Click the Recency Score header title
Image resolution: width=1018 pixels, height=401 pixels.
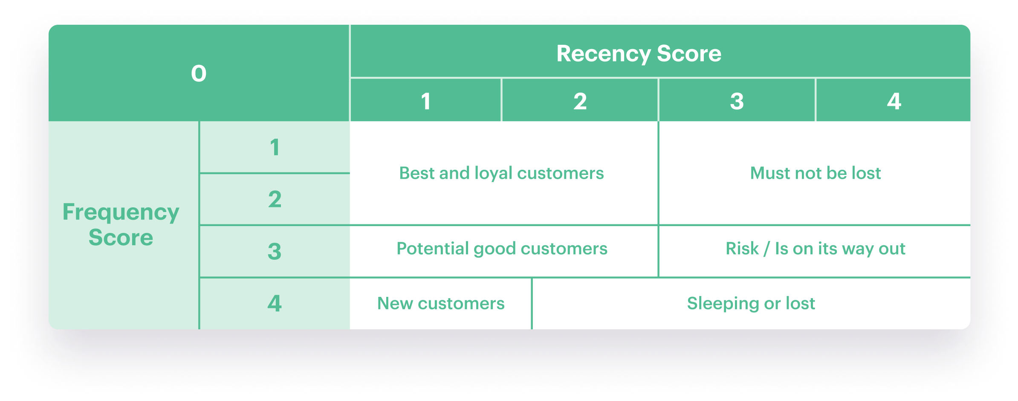[x=639, y=54]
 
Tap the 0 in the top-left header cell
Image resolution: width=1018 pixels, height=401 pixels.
[x=199, y=73]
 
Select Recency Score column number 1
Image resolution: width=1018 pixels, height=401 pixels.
[x=425, y=102]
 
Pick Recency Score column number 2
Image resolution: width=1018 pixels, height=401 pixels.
[x=580, y=102]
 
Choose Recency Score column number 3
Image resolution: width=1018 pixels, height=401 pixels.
[x=737, y=102]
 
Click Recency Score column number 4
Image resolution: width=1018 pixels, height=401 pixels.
[x=894, y=102]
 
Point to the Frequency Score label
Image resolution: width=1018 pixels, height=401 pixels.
[x=121, y=225]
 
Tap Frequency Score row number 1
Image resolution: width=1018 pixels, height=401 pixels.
[x=275, y=148]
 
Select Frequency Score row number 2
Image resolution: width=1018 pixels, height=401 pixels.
[x=275, y=199]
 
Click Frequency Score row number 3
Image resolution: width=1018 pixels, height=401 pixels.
[x=275, y=251]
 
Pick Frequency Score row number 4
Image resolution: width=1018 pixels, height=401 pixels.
[x=275, y=303]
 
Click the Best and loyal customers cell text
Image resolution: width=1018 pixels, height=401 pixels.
[x=501, y=173]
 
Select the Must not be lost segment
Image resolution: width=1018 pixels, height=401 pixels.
[x=815, y=173]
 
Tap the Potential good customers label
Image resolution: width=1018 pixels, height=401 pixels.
[x=502, y=249]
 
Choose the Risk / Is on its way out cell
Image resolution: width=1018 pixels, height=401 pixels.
[x=815, y=249]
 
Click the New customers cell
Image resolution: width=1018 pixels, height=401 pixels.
[x=441, y=303]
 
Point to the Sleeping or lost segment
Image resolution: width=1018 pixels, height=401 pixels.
[x=751, y=303]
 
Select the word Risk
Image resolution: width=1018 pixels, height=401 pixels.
[x=742, y=249]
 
